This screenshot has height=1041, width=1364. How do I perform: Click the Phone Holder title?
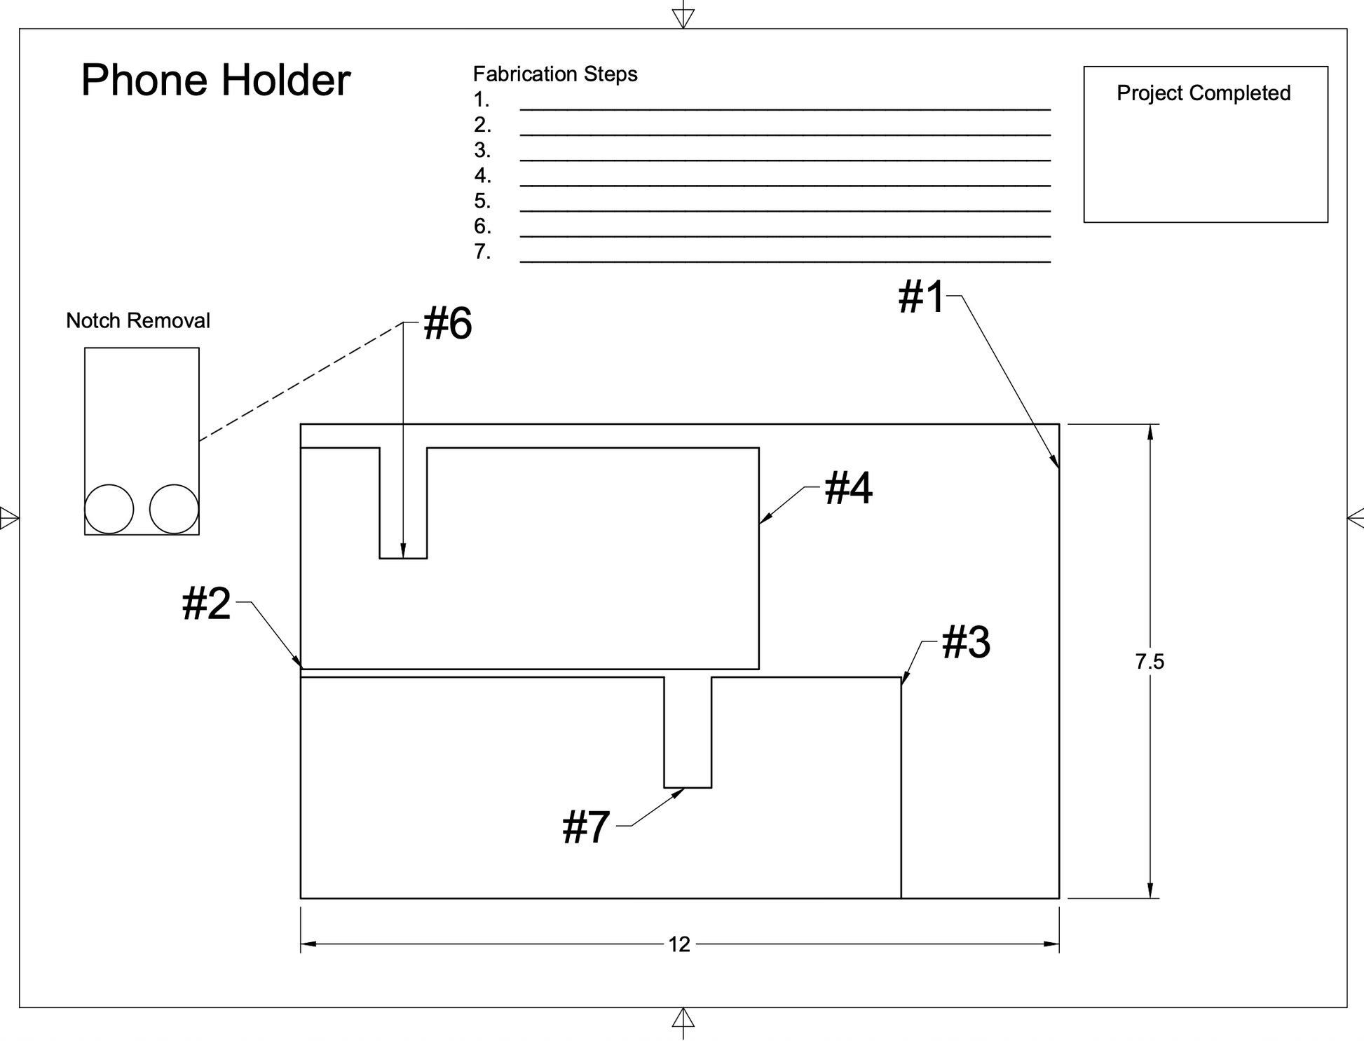click(x=216, y=80)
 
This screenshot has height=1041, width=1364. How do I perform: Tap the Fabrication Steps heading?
click(x=555, y=74)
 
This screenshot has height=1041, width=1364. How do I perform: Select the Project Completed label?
click(x=1203, y=93)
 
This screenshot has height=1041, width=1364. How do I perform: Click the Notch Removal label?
click(x=138, y=320)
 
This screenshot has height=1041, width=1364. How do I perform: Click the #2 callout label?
click(x=206, y=604)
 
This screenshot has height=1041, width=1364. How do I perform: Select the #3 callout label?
click(x=966, y=642)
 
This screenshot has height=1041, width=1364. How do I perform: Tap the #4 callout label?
click(x=849, y=488)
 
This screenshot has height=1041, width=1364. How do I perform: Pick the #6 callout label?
click(x=448, y=324)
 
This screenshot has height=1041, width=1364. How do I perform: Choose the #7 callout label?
click(x=586, y=827)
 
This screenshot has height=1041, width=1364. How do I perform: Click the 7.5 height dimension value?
click(x=1150, y=662)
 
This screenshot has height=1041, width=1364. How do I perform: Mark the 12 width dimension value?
click(x=679, y=945)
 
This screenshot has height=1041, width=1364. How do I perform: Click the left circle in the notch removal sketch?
click(x=109, y=509)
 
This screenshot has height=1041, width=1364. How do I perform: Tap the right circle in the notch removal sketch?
click(x=174, y=509)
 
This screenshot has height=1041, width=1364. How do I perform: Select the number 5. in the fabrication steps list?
click(x=482, y=201)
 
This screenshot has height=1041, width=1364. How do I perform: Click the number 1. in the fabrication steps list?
click(x=482, y=100)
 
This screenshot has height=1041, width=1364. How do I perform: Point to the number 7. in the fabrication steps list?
click(x=482, y=252)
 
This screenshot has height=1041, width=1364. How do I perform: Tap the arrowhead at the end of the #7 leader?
click(x=678, y=793)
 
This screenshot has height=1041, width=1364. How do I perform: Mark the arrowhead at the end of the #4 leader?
click(x=766, y=518)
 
